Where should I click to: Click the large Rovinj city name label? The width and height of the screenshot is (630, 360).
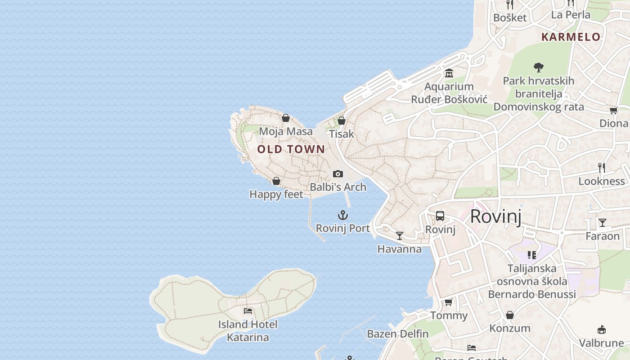495,216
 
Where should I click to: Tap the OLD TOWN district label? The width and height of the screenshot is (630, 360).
291,149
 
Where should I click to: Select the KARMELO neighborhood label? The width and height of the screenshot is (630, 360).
571,37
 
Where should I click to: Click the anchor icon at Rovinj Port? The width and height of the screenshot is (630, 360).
343,215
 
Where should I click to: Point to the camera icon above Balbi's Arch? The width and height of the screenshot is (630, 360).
337,174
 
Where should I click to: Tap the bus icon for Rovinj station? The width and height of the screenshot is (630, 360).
440,216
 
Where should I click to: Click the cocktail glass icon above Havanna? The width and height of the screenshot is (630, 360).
399,235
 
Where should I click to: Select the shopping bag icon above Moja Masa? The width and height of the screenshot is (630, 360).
285,118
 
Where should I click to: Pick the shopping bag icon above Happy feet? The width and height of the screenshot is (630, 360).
276,181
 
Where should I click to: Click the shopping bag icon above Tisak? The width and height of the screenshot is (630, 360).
342,121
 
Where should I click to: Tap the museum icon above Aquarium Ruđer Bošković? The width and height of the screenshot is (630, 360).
449,73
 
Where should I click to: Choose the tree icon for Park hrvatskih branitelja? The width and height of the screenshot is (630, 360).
538,67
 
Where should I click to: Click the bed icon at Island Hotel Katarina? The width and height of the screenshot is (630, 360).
247,310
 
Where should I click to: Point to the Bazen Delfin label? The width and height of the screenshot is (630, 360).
397,334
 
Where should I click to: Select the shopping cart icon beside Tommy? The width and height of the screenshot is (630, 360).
448,302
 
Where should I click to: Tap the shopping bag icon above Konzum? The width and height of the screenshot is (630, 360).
509,315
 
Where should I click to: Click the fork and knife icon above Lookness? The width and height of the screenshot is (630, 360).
602,168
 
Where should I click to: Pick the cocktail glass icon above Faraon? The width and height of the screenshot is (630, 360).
602,222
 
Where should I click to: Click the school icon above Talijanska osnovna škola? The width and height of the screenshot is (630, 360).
531,255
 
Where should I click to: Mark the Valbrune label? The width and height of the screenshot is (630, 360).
601,343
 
